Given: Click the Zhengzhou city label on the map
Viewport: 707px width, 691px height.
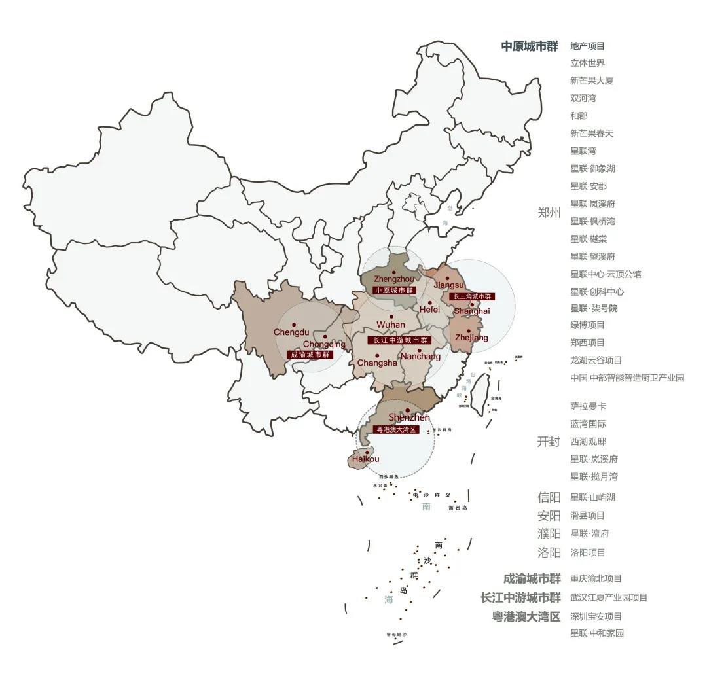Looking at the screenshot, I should pos(393,279).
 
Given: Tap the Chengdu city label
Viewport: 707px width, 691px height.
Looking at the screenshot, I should pos(291,332).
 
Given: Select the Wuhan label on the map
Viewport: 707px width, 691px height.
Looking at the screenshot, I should pos(391,325).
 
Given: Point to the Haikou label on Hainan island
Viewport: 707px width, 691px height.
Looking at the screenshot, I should pos(365,459).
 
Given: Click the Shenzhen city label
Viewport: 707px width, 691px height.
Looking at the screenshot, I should pos(409,417).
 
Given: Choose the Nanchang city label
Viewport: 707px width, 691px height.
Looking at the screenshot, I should pos(420,357).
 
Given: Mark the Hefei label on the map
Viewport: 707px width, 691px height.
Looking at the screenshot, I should pos(429,310).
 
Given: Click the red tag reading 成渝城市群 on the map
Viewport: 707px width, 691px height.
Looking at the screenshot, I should pos(310,355).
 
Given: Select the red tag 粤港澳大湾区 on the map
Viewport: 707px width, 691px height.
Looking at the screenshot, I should pos(395,429).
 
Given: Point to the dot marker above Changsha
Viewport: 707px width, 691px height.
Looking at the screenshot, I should pos(377,355).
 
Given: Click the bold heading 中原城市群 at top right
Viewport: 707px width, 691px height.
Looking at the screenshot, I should pos(530,46).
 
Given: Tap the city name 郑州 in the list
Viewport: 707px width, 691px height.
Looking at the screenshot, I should pos(549,213).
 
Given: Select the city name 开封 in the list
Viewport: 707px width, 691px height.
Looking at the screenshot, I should pos(549,442).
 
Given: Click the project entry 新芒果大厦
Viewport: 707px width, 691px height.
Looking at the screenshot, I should pos(592,80).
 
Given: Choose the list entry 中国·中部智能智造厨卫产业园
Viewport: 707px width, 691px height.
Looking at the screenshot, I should pos(626,378).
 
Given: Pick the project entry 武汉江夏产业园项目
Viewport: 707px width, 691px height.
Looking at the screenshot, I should pos(608,597).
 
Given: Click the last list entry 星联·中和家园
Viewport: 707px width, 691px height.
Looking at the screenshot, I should pos(596,633).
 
